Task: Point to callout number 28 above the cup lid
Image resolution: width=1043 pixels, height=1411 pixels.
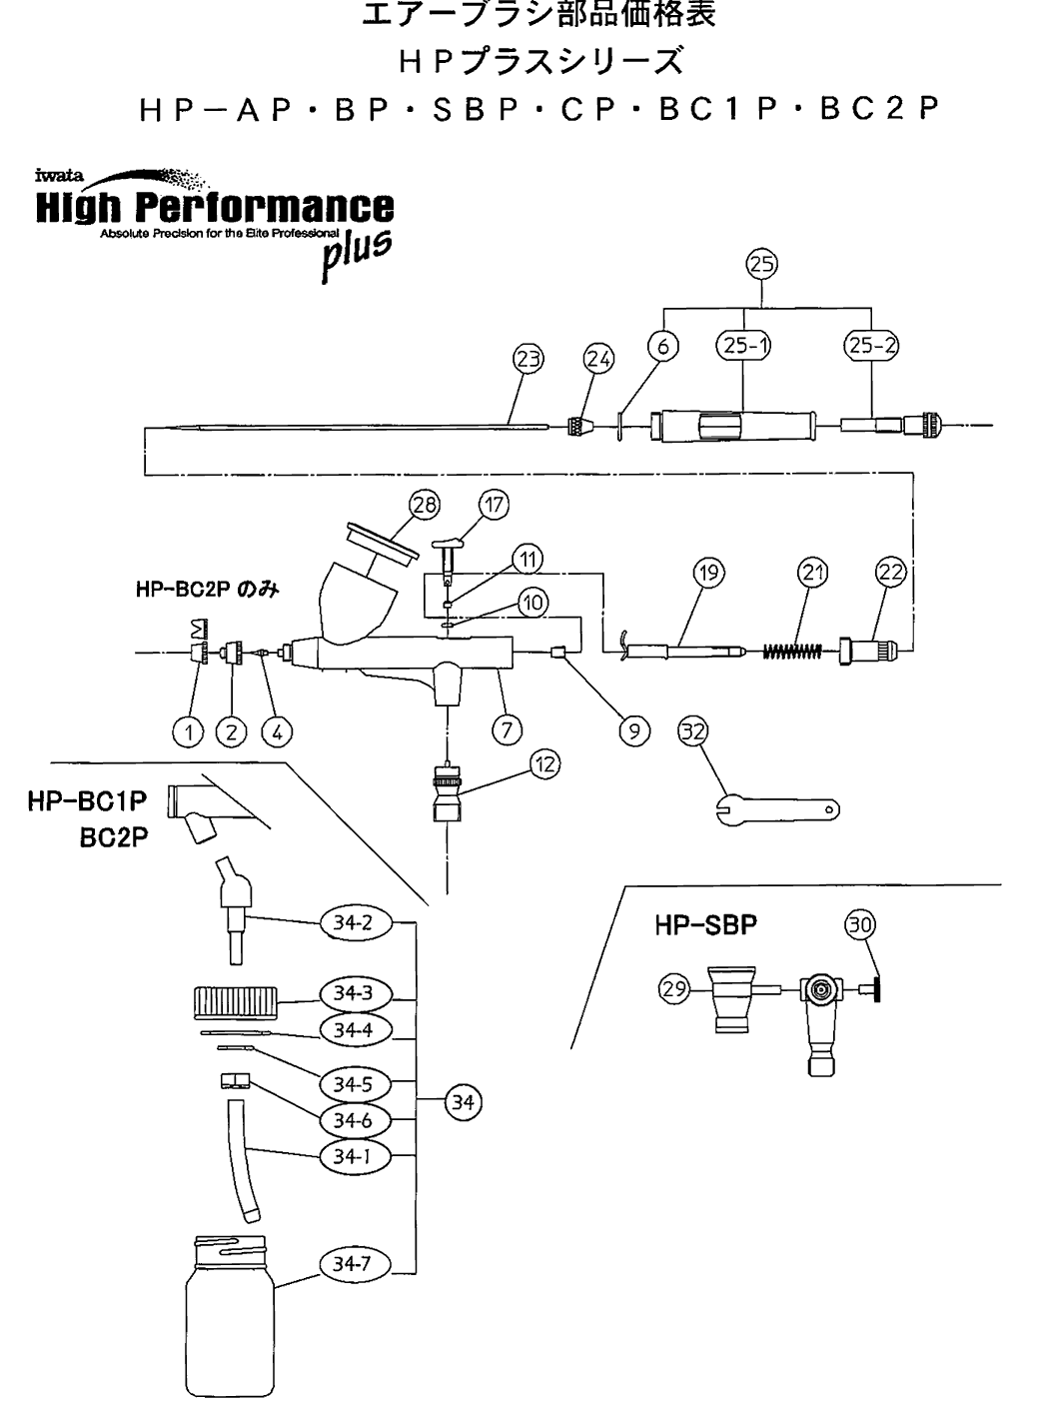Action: tap(426, 506)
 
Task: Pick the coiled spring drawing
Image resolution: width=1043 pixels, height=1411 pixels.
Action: tap(792, 652)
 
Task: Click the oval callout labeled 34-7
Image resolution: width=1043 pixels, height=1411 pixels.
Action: tap(352, 1264)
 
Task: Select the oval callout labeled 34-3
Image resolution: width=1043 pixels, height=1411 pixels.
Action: tap(353, 993)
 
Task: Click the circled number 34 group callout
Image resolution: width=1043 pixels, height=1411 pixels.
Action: tap(463, 1102)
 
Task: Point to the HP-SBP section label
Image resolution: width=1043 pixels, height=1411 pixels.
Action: tap(705, 925)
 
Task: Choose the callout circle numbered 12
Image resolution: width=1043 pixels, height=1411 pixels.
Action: tap(544, 765)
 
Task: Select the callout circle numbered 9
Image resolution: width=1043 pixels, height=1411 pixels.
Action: tap(632, 731)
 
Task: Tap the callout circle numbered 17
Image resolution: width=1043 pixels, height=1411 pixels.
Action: tap(495, 505)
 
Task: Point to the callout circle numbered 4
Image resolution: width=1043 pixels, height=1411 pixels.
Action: tap(277, 732)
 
